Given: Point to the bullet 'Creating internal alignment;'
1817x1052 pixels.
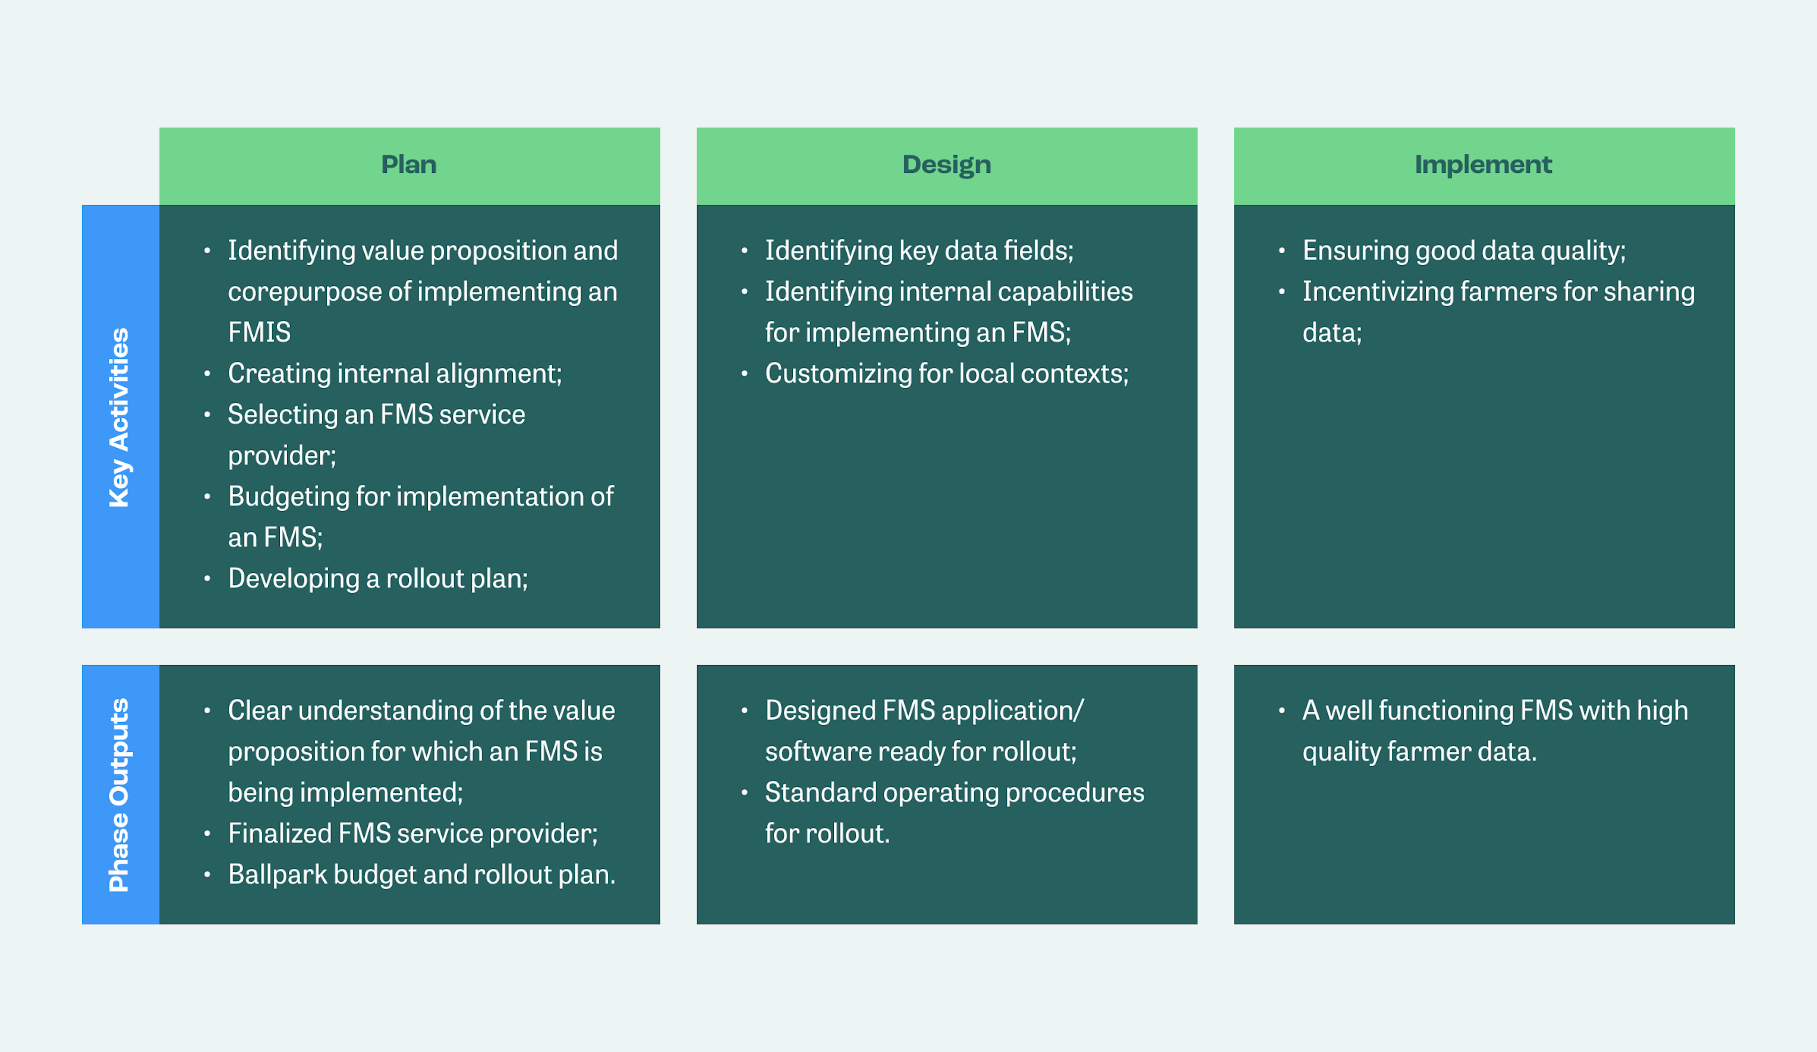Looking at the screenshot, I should coord(394,373).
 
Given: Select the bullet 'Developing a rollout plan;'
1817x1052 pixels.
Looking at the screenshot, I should coord(378,578).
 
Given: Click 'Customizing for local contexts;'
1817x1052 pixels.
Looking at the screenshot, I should coord(946,373).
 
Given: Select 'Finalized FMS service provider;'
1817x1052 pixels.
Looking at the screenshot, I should coord(413,833).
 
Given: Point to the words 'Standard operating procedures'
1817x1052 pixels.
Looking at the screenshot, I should coord(954,792).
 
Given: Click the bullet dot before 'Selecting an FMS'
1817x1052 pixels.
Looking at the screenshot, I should coord(207,414).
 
